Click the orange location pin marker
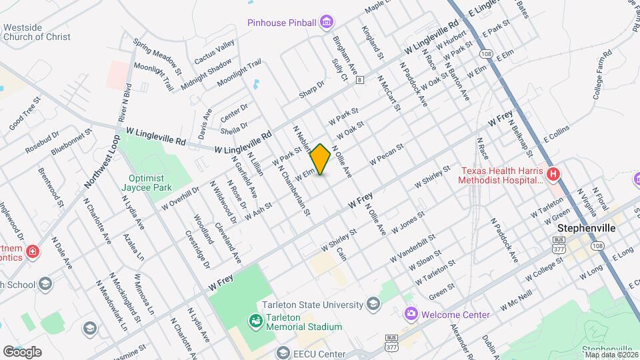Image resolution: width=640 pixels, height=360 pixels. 321,159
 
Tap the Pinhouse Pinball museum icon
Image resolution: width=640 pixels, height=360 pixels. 327,23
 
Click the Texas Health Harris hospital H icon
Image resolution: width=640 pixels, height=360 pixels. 553,175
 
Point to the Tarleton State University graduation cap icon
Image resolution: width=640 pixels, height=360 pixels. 373,305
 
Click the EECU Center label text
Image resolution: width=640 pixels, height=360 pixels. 321,354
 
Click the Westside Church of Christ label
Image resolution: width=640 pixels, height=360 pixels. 37,32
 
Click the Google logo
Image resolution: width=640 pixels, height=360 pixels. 22,351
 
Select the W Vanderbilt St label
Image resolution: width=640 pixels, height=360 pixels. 413,247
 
